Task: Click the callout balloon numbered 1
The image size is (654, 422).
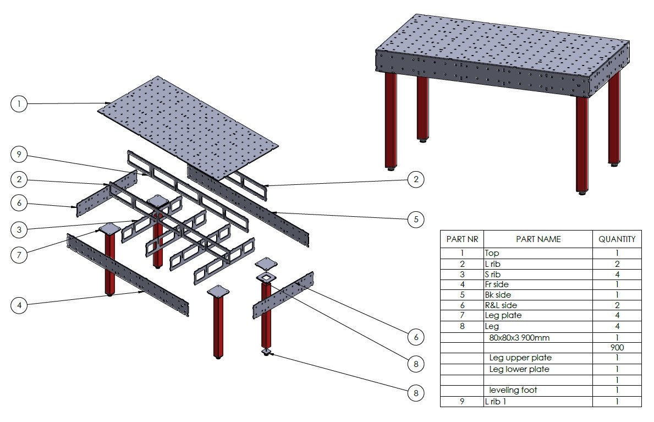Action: (x=19, y=103)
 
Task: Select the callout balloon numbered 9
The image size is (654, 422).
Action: (x=19, y=155)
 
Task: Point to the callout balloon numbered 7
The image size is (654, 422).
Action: (x=19, y=255)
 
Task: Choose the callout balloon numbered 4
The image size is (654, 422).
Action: (x=19, y=305)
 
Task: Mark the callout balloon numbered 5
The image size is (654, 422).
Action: (x=416, y=219)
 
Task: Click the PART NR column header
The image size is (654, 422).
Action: (x=461, y=239)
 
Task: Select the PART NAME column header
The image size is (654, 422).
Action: (x=538, y=239)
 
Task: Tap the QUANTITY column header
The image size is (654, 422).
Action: (x=617, y=239)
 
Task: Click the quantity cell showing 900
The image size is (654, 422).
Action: (x=617, y=348)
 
